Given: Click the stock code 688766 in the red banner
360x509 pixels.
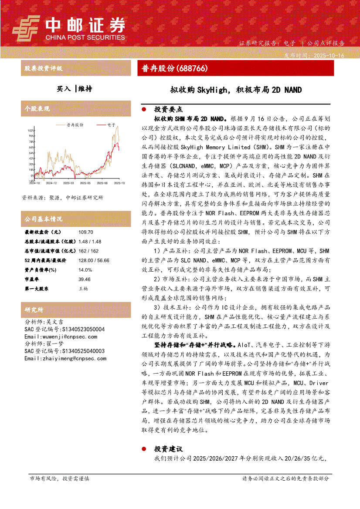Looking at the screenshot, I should tap(192, 68).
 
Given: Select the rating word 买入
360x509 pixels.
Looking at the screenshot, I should tap(64, 89).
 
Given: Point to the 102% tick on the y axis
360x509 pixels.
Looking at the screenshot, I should tap(31, 130).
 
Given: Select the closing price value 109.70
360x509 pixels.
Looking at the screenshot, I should tap(86, 232).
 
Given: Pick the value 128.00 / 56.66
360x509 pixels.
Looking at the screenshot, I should tap(94, 260).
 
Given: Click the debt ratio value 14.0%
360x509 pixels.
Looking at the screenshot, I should tap(85, 270).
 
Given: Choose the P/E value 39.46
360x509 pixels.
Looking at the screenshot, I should tap(85, 279).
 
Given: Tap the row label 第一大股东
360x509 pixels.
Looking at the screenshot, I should tap(37, 289).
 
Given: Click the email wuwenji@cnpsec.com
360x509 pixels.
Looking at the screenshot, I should tap(61, 337).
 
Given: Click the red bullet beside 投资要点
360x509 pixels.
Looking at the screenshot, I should tap(145, 110).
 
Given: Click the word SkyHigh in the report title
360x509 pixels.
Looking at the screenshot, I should tap(212, 90).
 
